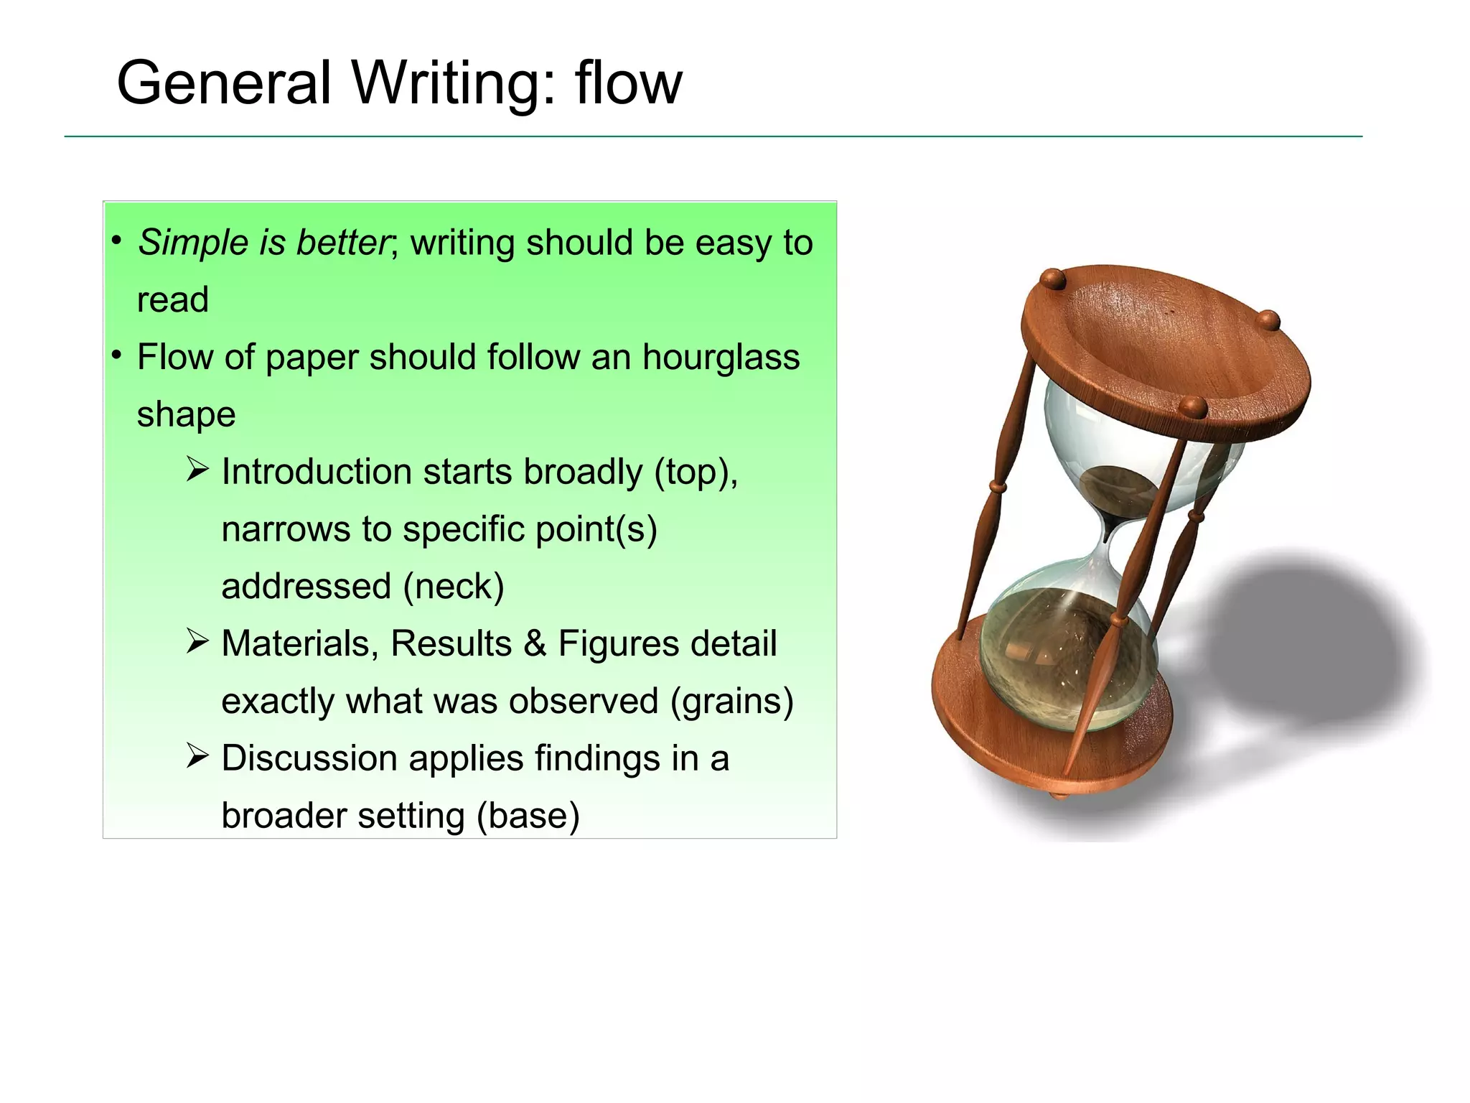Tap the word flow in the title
pos(628,83)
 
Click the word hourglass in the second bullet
pos(721,357)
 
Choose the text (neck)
pos(454,586)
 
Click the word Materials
pos(299,643)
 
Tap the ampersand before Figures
pos(534,643)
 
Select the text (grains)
pos(732,701)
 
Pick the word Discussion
pos(309,758)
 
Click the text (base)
pos(528,816)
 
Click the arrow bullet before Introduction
pos(197,470)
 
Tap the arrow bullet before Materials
pos(197,641)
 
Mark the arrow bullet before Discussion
pos(197,756)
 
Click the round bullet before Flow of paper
pos(116,355)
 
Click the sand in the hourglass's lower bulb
pos(1062,646)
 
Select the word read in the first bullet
pos(172,300)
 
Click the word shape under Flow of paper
pos(186,415)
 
